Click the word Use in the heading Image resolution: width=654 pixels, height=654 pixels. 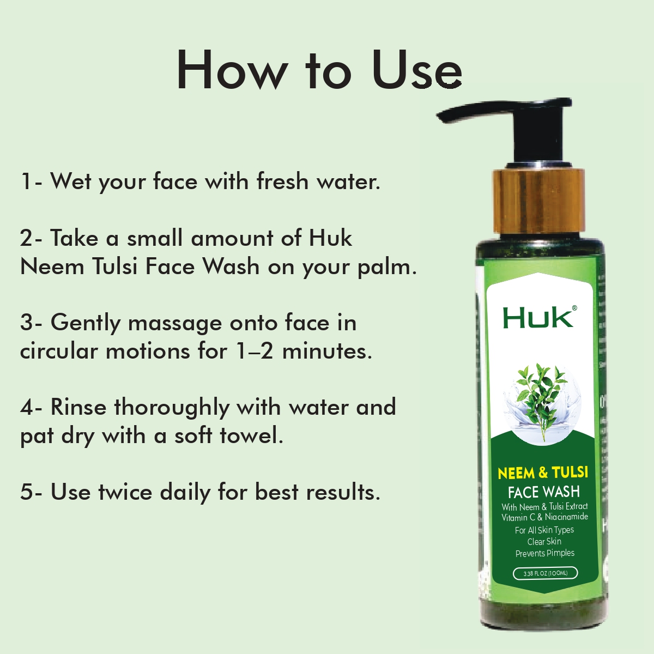(x=417, y=71)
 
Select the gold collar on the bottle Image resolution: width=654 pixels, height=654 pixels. (x=539, y=202)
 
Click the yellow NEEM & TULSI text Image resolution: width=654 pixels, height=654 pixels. (x=543, y=473)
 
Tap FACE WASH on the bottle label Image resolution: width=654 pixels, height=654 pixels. (x=543, y=492)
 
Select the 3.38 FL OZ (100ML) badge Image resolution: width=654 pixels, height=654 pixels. (x=545, y=573)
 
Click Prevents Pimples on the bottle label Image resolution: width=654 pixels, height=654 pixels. (x=545, y=553)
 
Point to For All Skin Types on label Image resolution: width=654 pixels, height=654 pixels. (x=544, y=530)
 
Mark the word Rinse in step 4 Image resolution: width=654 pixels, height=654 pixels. (x=78, y=407)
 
